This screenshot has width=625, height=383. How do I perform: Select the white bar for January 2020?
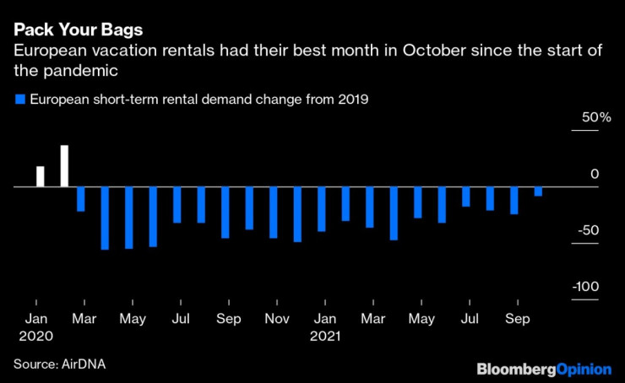[40, 175]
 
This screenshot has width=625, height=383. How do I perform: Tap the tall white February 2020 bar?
[64, 165]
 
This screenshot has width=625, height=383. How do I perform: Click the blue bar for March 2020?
[81, 199]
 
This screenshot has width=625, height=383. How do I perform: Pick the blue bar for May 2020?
[129, 218]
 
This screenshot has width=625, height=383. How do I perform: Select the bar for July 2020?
[177, 205]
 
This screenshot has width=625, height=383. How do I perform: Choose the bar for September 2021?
[514, 201]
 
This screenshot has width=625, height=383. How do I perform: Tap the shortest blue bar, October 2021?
[538, 191]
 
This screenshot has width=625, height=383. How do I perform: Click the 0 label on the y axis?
[594, 174]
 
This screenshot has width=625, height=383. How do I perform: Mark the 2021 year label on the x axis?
[324, 336]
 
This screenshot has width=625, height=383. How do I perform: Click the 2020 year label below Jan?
[36, 336]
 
